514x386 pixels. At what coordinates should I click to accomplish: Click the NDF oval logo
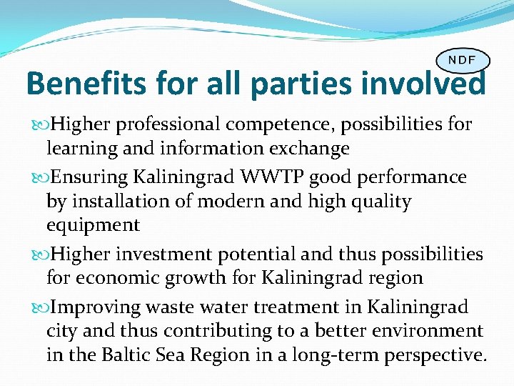(463, 60)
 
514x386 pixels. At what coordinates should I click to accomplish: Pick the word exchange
(308, 149)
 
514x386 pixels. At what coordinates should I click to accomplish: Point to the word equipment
(93, 226)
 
